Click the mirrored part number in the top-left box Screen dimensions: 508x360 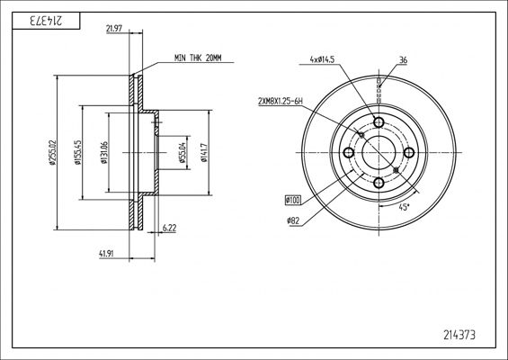click(46, 21)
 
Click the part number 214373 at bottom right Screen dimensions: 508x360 click(459, 335)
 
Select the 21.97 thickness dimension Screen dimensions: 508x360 click(114, 29)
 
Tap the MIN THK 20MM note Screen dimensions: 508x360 click(198, 58)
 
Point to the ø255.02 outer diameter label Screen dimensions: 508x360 click(53, 152)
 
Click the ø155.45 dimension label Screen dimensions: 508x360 click(77, 152)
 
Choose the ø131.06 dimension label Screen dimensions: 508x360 click(104, 152)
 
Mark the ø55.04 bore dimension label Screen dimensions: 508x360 click(183, 152)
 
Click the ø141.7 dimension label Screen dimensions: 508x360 click(203, 152)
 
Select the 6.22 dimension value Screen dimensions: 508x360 click(169, 228)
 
